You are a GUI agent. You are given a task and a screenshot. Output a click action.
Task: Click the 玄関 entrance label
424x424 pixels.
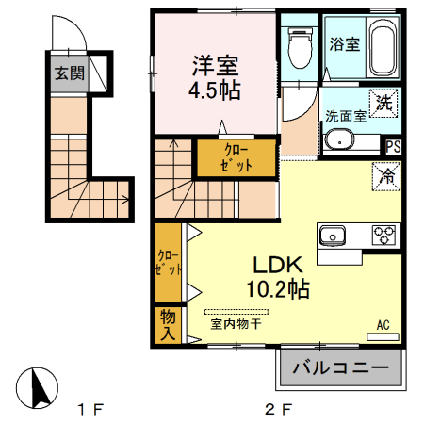[x=69, y=73]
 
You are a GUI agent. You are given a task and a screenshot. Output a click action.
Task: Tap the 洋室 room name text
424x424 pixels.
[x=216, y=67]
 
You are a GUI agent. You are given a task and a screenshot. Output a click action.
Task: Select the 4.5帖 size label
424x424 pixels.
[x=216, y=92]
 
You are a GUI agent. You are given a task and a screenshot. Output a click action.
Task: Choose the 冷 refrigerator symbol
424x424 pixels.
[x=383, y=173]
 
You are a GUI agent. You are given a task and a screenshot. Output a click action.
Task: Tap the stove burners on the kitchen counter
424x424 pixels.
[x=383, y=235]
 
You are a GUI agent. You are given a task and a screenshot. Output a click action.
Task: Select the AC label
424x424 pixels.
[x=383, y=325]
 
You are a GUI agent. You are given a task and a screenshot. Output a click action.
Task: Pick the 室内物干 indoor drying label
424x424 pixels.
[x=236, y=323]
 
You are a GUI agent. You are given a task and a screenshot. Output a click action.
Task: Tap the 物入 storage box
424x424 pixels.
[x=168, y=324]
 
